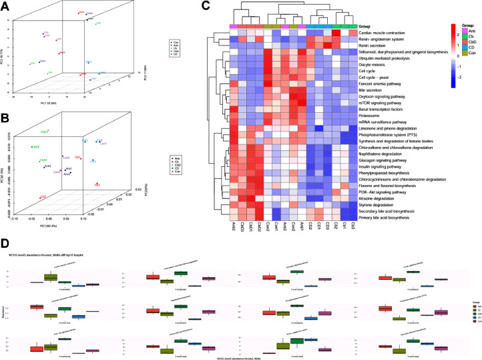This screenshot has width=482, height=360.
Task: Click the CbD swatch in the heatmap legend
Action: click(456, 41)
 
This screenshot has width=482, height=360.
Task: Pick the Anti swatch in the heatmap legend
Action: click(456, 27)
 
